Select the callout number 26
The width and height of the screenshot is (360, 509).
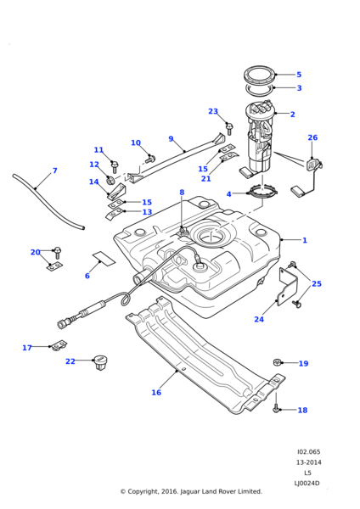click(312, 137)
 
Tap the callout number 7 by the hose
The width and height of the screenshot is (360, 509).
click(55, 171)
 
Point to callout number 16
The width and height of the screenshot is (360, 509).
click(156, 393)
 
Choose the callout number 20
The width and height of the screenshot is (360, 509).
click(36, 252)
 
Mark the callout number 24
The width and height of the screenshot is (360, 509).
click(259, 320)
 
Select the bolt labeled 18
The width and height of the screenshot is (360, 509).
click(277, 408)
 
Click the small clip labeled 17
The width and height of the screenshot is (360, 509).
click(59, 345)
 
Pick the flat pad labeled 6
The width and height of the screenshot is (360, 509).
click(103, 258)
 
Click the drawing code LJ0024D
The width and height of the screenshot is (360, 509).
click(307, 483)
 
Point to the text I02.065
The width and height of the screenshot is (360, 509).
click(308, 452)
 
